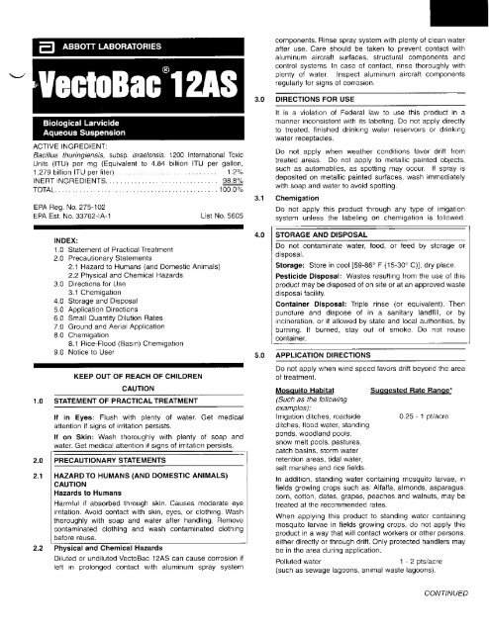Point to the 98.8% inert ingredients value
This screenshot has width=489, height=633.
tap(234, 209)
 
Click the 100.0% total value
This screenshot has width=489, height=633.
tap(232, 217)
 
